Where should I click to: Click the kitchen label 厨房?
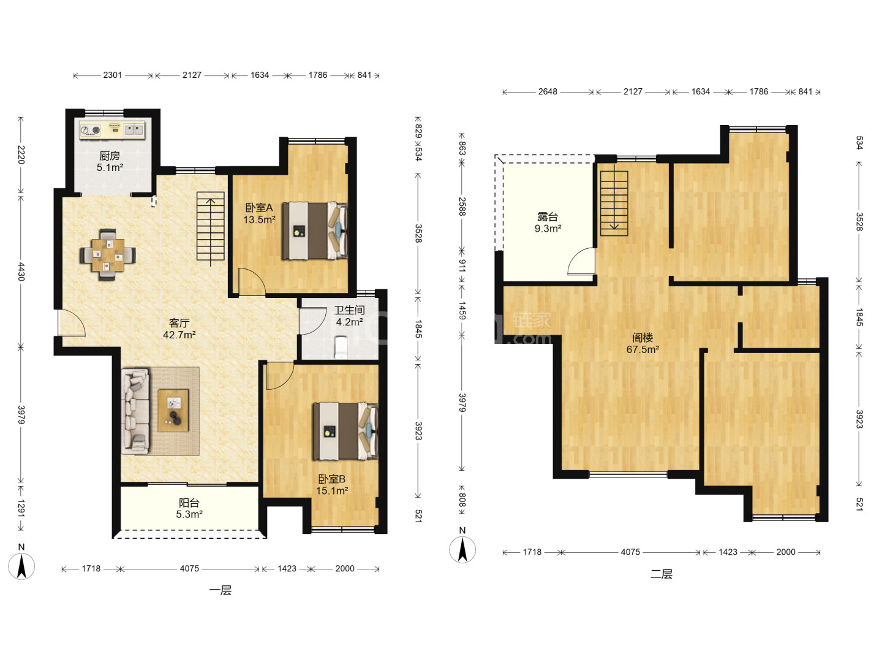[x=109, y=156]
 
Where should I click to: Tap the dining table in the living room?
[x=108, y=255]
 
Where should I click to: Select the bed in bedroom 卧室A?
[x=315, y=230]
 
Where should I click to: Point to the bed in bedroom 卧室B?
[x=345, y=432]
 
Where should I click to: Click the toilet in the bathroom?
[x=341, y=347]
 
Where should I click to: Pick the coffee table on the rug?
[x=173, y=411]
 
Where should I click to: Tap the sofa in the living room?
[x=135, y=411]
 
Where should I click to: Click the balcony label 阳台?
[x=189, y=503]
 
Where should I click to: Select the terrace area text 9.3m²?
[x=548, y=229]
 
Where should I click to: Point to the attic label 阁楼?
[x=642, y=338]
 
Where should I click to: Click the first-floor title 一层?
[x=221, y=590]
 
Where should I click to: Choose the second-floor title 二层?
[x=661, y=574]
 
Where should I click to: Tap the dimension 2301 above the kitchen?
[x=113, y=75]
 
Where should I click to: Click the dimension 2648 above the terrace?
[x=548, y=92]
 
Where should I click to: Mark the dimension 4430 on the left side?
[x=21, y=272]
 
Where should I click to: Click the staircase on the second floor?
[x=614, y=204]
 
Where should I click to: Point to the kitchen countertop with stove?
[x=112, y=130]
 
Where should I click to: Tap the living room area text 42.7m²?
[x=179, y=335]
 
